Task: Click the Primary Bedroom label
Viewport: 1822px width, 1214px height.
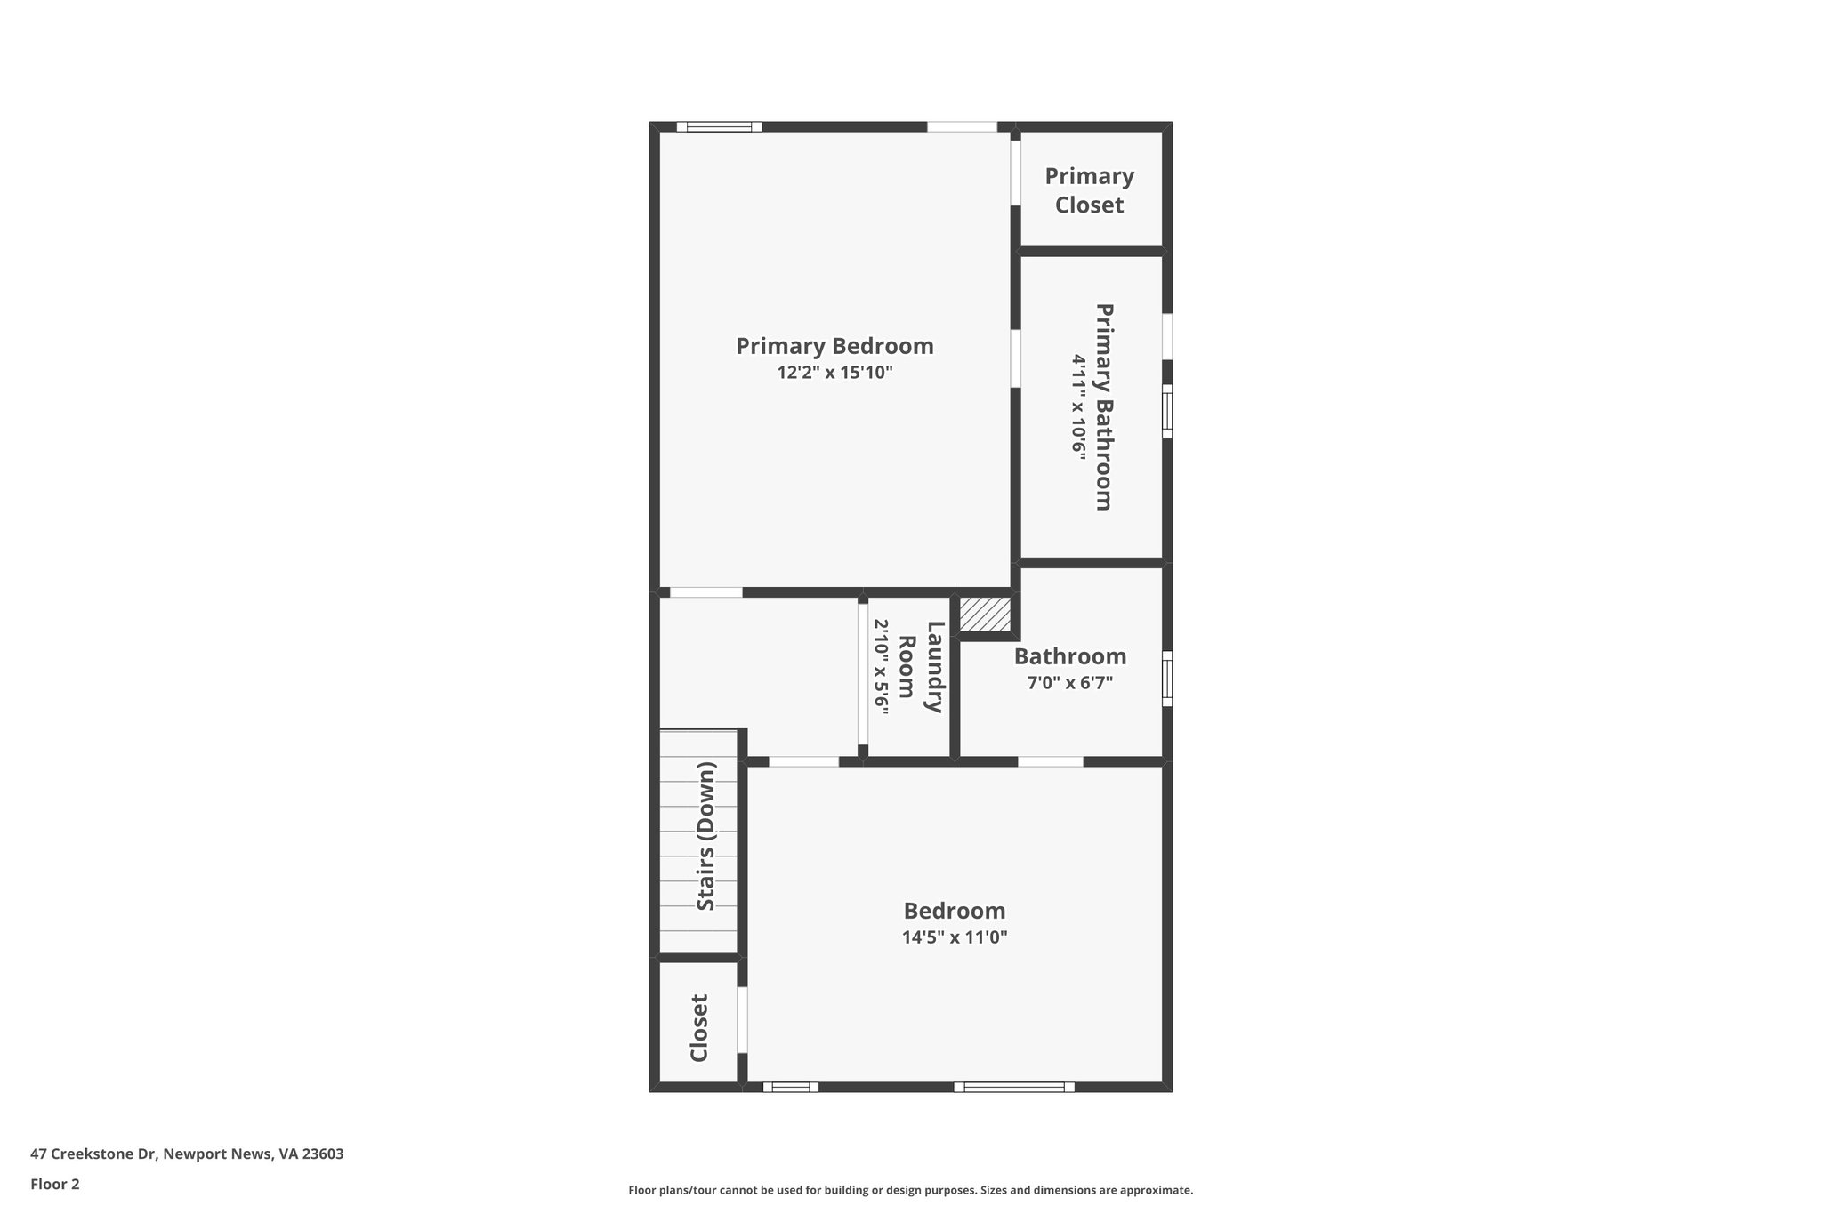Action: click(834, 346)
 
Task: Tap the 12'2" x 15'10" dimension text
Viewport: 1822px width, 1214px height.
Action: click(834, 373)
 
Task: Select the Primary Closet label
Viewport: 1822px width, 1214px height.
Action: click(1089, 190)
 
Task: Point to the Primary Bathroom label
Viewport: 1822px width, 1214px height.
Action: click(1104, 406)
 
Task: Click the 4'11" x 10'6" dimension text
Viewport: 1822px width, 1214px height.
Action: click(1078, 406)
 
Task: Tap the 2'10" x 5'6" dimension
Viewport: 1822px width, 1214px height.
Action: click(882, 667)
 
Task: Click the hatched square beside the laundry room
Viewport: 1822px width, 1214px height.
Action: click(985, 614)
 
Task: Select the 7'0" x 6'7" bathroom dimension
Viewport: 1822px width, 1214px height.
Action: click(1069, 683)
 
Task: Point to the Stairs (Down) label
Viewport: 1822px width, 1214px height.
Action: click(705, 836)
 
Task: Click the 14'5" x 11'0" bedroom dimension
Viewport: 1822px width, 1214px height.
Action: click(954, 937)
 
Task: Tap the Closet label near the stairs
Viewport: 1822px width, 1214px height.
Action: click(699, 1027)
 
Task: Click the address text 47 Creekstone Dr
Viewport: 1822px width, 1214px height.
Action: click(187, 1154)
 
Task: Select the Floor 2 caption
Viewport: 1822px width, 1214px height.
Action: click(55, 1184)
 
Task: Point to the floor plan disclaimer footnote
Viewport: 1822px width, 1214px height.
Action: click(910, 1190)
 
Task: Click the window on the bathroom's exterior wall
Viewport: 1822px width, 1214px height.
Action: click(1167, 679)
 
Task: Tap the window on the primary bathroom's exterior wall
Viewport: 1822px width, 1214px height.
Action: click(1167, 410)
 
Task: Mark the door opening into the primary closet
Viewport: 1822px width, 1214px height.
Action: click(1015, 173)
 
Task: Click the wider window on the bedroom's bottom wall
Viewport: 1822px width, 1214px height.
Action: click(1014, 1087)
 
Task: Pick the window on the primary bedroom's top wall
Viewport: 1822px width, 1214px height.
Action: click(719, 126)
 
